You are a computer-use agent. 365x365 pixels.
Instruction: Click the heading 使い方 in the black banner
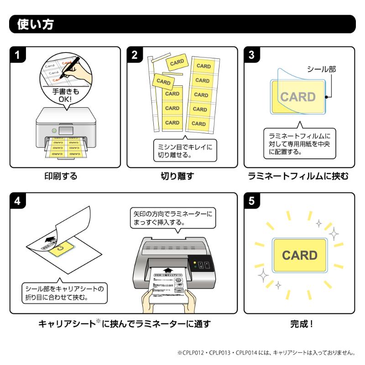[x=35, y=24]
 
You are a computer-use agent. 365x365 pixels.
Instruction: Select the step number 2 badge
[x=134, y=55]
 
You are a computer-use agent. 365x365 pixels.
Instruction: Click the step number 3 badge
[x=251, y=55]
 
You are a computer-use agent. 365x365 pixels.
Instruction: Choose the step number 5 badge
[x=251, y=201]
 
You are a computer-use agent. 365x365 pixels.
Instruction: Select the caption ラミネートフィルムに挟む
[x=298, y=176]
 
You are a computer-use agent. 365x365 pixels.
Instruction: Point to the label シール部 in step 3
[x=321, y=69]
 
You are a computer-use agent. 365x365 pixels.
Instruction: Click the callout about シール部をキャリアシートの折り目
[x=64, y=292]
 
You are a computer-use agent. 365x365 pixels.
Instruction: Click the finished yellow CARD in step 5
[x=299, y=255]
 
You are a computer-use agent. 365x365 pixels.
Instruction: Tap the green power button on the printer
[x=54, y=131]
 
